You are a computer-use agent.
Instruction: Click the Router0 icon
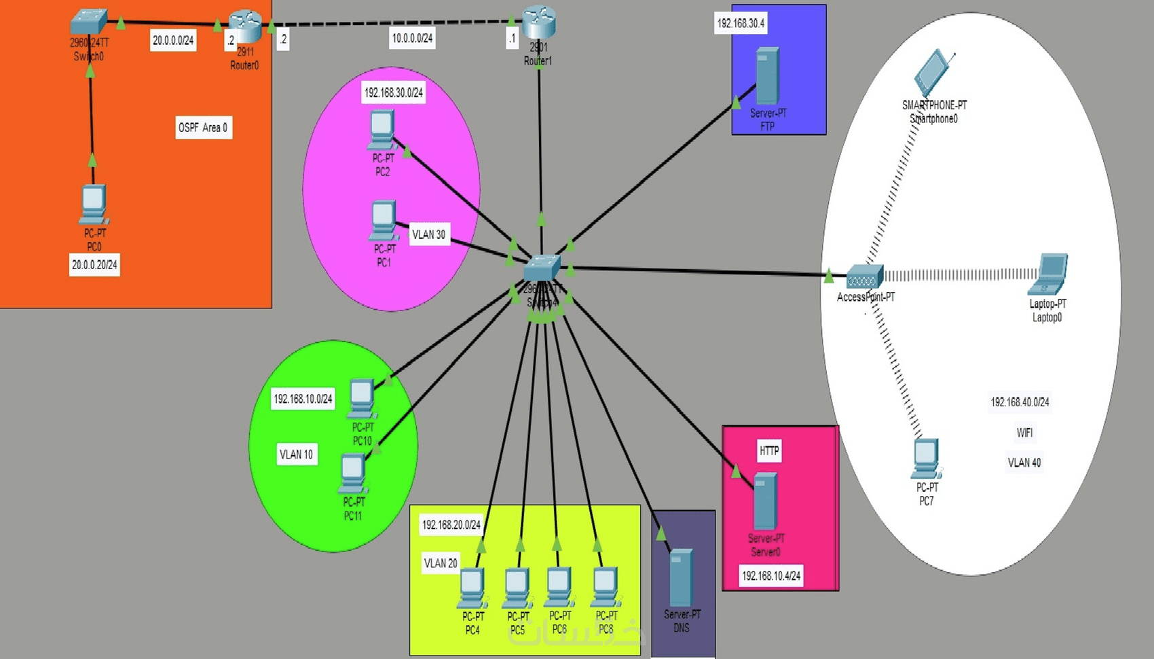tap(245, 26)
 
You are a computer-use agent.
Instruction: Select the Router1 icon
tap(539, 22)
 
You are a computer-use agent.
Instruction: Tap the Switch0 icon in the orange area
tap(89, 22)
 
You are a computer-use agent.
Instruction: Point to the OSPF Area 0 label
tap(203, 128)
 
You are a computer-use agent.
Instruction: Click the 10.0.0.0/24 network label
tap(412, 38)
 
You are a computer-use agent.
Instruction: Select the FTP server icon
tap(767, 75)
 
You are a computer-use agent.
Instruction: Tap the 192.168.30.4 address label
tap(741, 23)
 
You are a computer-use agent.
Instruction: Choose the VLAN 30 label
tap(429, 234)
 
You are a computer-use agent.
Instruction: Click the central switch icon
tap(542, 268)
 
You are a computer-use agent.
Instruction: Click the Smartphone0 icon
tap(934, 72)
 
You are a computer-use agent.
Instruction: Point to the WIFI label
tap(1024, 433)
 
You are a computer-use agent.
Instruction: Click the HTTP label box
tap(769, 450)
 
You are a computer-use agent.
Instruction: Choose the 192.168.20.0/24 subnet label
tap(451, 524)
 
